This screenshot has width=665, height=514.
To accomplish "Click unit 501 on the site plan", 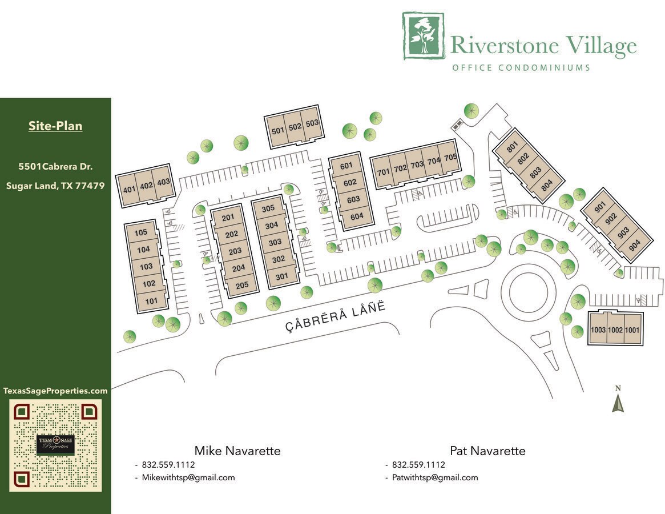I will [x=278, y=131].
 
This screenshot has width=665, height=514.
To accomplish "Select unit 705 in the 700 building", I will [x=450, y=158].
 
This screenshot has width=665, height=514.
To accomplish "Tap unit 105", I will [x=141, y=232].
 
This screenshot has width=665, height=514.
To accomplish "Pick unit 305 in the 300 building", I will [x=268, y=209].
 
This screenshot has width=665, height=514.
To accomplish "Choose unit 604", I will [x=357, y=216].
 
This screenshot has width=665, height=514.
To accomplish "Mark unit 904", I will [x=634, y=243].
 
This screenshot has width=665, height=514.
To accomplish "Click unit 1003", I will [x=598, y=330].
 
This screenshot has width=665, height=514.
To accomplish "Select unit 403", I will [x=163, y=182].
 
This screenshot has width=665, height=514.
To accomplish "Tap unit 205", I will [x=242, y=285].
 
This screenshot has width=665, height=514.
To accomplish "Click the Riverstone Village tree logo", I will [x=423, y=36].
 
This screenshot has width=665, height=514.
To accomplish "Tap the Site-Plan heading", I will [x=55, y=126].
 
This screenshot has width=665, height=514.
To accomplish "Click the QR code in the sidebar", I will [x=55, y=445].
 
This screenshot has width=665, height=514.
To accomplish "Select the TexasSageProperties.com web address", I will [x=55, y=391].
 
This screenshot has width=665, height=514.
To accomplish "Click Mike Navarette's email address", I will [x=188, y=477].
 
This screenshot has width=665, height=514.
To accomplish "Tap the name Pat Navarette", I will [x=487, y=451].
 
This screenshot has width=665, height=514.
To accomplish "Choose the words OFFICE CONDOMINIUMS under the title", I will [x=521, y=67].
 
